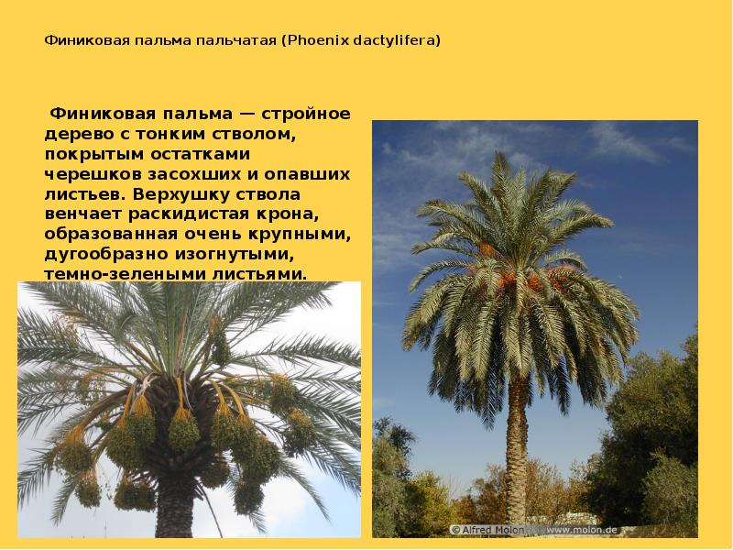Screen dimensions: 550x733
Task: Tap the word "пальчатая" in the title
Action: coord(236,41)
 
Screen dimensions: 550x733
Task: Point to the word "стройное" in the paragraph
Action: coord(307,115)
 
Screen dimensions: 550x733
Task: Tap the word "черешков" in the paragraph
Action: coord(87,175)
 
